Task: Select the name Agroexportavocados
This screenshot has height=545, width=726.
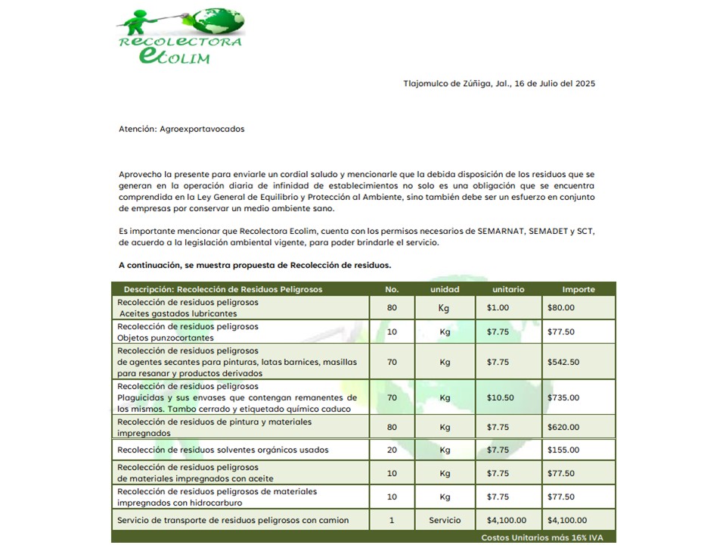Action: tap(202, 129)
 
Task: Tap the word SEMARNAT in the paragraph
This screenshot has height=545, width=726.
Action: tap(503, 230)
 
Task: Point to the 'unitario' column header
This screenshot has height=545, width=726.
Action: tap(508, 289)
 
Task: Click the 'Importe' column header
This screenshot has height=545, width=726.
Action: tap(579, 289)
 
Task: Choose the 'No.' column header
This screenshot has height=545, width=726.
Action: tap(392, 289)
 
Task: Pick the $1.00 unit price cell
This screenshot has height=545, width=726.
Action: tap(498, 307)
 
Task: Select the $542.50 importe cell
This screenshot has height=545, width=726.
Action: tap(563, 362)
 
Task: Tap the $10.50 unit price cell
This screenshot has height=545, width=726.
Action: tap(500, 397)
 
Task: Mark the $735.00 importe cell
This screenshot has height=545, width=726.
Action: tap(563, 397)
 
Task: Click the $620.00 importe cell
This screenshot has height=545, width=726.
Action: tap(563, 427)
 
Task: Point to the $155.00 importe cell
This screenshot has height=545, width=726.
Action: tap(563, 450)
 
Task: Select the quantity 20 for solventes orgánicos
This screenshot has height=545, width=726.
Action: tap(392, 450)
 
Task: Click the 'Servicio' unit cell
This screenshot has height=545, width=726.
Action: tap(445, 521)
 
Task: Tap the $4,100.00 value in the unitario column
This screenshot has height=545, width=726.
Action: tap(507, 521)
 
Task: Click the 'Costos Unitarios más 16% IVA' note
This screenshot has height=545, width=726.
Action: tap(541, 537)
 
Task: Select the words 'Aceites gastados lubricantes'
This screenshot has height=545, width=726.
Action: tap(178, 313)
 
